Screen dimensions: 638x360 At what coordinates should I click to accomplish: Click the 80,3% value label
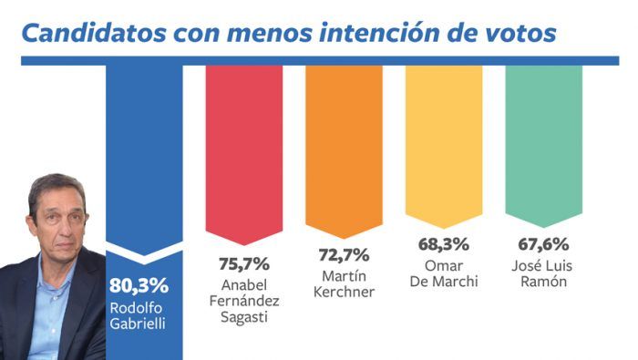(139, 285)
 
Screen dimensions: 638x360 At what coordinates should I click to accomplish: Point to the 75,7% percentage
(244, 264)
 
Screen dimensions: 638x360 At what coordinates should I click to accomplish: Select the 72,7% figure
(344, 255)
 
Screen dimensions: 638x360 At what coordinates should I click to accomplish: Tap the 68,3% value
(444, 244)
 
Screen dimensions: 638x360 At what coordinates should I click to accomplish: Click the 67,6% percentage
(543, 244)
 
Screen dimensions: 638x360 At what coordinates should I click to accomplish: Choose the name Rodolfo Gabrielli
(138, 315)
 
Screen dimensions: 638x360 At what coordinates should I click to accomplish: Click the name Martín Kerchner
(344, 284)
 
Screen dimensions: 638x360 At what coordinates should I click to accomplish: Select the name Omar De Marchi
(444, 273)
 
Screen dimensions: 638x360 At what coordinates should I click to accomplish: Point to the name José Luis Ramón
(542, 273)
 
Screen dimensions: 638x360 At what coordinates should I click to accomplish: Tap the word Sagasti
(244, 317)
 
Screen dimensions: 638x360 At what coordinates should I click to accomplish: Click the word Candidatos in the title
(94, 33)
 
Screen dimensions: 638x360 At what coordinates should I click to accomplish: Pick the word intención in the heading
(379, 33)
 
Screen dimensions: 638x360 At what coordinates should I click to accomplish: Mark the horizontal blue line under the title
(320, 61)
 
